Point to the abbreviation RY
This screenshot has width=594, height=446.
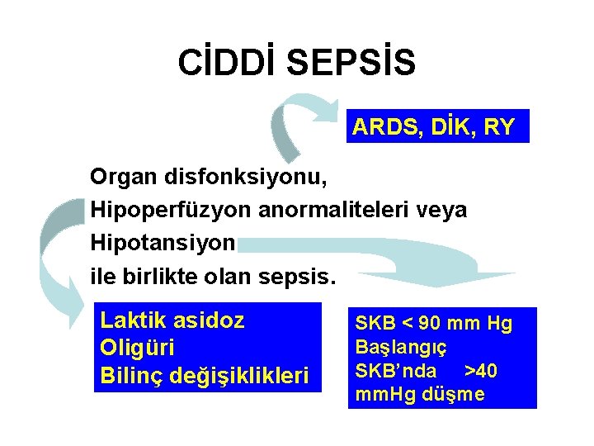[x=500, y=128]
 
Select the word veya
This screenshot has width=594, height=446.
[x=446, y=211]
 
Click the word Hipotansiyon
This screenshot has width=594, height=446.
[x=163, y=244]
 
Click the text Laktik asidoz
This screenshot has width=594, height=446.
[x=172, y=320]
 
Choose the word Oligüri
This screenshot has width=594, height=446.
[x=138, y=348]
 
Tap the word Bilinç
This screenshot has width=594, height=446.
[x=131, y=375]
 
